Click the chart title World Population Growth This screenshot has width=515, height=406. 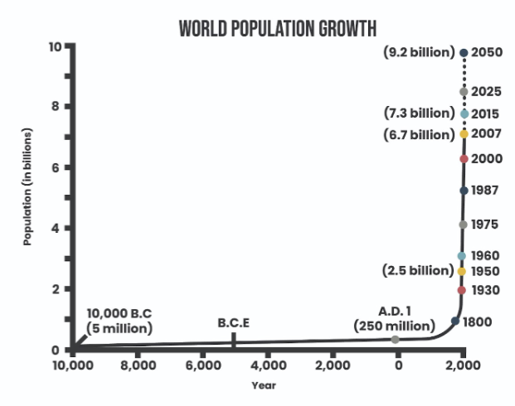278,28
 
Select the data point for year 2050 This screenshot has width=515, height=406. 464,52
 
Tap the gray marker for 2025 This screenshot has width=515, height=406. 464,92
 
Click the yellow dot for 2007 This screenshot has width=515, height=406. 464,134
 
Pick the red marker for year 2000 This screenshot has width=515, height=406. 464,159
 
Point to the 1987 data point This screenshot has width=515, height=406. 464,191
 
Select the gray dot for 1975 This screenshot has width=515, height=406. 463,225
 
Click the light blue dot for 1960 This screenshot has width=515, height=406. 461,256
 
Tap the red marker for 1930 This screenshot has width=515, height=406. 461,290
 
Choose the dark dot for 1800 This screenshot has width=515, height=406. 455,321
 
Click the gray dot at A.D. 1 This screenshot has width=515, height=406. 396,340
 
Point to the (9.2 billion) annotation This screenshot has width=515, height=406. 419,52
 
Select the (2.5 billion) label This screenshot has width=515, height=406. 418,271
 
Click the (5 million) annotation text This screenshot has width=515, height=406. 119,329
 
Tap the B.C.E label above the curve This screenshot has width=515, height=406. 234,323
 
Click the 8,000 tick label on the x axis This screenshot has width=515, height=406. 138,365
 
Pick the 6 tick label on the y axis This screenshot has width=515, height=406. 56,167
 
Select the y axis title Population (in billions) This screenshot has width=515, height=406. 27,186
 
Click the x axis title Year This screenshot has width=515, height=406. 264,385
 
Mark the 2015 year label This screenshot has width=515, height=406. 485,114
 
